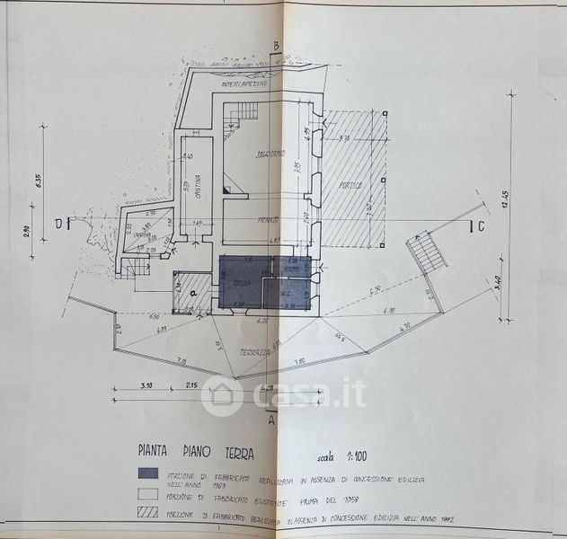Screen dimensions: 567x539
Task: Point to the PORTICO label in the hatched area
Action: click(x=351, y=186)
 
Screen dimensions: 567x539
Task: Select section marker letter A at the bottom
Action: click(x=270, y=418)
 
